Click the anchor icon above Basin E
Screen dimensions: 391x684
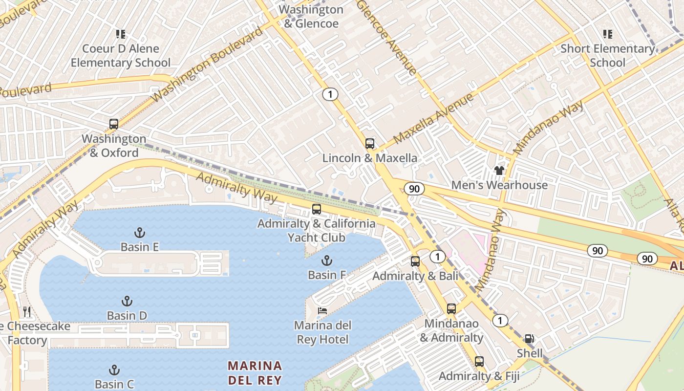pyautogui.click(x=140, y=232)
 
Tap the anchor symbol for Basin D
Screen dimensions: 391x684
pyautogui.click(x=127, y=301)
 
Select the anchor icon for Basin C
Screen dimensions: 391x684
pyautogui.click(x=114, y=369)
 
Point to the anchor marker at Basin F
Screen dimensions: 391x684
pyautogui.click(x=326, y=260)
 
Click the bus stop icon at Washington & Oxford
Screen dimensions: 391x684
pyautogui.click(x=114, y=124)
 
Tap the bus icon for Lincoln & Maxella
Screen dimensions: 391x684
pyautogui.click(x=370, y=144)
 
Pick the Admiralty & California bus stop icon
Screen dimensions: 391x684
pyautogui.click(x=317, y=209)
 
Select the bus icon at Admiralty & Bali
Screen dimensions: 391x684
pyautogui.click(x=415, y=261)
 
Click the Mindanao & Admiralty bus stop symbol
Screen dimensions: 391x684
pyautogui.click(x=451, y=309)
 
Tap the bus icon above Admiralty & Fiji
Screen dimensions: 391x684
pyautogui.click(x=479, y=362)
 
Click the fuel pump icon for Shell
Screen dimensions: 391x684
pyautogui.click(x=529, y=338)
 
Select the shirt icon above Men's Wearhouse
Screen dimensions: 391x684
pyautogui.click(x=499, y=171)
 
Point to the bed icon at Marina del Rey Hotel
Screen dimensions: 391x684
pyautogui.click(x=322, y=310)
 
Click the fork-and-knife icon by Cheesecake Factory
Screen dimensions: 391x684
pyautogui.click(x=27, y=311)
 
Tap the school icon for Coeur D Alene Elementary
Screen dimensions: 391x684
pyautogui.click(x=121, y=34)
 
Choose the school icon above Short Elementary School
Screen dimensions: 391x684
pyautogui.click(x=607, y=34)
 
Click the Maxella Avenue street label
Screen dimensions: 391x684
pyautogui.click(x=433, y=118)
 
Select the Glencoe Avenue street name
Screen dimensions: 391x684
pyautogui.click(x=387, y=37)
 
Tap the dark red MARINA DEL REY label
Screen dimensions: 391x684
pyautogui.click(x=255, y=373)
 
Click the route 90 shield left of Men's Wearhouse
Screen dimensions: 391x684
pyautogui.click(x=414, y=189)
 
